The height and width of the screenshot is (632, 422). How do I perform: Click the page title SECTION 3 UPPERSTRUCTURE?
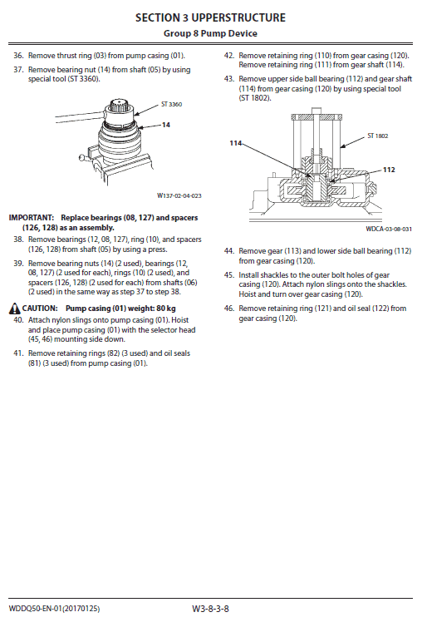(210, 17)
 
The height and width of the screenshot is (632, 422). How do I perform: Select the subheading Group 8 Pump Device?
(210, 33)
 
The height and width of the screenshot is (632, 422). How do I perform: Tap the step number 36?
(18, 56)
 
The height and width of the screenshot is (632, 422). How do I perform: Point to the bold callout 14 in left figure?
(166, 124)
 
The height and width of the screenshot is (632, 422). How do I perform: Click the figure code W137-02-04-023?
(179, 196)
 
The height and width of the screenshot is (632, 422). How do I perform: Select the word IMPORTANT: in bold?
(32, 217)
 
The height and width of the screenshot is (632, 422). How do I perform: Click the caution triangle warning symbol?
(13, 307)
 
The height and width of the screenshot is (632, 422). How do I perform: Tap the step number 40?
(18, 319)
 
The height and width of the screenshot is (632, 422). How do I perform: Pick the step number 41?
(18, 353)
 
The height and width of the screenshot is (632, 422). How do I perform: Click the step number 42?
(229, 56)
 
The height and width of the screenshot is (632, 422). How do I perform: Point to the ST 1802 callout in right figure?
(378, 136)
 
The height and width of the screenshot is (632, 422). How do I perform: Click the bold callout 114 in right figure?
(236, 144)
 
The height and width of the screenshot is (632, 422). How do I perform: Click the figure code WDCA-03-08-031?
(389, 229)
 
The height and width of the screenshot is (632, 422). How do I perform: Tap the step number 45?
(229, 274)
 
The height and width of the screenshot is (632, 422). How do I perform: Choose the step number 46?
(229, 308)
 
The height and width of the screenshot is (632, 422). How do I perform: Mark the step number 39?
(18, 263)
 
